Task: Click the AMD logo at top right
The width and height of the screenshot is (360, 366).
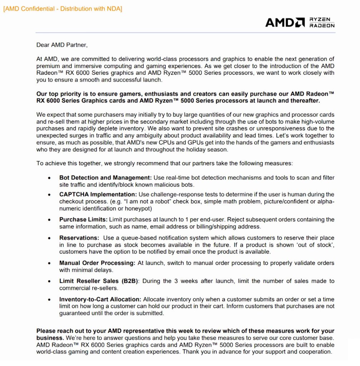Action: pyautogui.click(x=285, y=23)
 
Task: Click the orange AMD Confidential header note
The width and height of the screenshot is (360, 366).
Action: pyautogui.click(x=62, y=9)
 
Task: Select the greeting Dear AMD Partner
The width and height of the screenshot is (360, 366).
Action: pyautogui.click(x=62, y=45)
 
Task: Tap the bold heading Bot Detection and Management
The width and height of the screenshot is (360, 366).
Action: pyautogui.click(x=106, y=178)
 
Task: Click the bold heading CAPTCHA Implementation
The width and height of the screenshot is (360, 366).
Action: pyautogui.click(x=98, y=194)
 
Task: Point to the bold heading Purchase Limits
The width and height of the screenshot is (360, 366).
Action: pyautogui.click(x=83, y=219)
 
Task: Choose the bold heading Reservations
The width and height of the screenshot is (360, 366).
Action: pyautogui.click(x=79, y=238)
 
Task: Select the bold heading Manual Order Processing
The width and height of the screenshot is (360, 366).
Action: pyautogui.click(x=97, y=263)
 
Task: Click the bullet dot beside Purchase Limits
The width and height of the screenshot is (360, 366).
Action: pyautogui.click(x=49, y=220)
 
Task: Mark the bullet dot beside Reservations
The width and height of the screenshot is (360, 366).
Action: pyautogui.click(x=49, y=238)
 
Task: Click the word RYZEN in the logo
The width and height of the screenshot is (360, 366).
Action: pyautogui.click(x=320, y=19)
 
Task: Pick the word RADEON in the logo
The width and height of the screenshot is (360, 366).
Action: pyautogui.click(x=322, y=26)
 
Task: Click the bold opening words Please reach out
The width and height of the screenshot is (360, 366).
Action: pyautogui.click(x=59, y=331)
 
